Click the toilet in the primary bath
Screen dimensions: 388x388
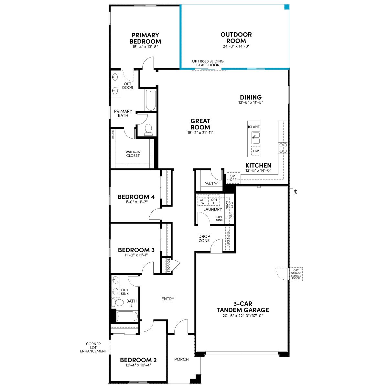pos(148,130)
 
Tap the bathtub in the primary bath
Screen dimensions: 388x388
pos(151,100)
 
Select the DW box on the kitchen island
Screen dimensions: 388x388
pos(256,151)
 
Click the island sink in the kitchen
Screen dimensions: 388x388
pos(256,138)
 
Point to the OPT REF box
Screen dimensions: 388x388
pos(233,178)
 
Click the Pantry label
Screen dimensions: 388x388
pos(211,184)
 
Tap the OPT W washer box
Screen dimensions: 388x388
pos(203,200)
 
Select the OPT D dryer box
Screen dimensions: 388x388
pos(214,200)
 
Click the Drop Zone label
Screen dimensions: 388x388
pos(204,238)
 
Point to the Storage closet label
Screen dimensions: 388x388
pos(169,265)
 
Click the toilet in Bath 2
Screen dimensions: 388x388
pos(118,302)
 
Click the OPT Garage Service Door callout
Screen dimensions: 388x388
pos(296,274)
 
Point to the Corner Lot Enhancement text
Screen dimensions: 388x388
pos(93,348)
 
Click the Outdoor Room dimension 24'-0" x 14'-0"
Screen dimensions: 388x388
pos(236,46)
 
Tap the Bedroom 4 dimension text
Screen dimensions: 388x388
pos(136,202)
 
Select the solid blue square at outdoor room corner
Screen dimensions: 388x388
pos(286,7)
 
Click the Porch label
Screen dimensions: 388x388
pos(181,359)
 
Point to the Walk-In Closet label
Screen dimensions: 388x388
pos(133,154)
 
